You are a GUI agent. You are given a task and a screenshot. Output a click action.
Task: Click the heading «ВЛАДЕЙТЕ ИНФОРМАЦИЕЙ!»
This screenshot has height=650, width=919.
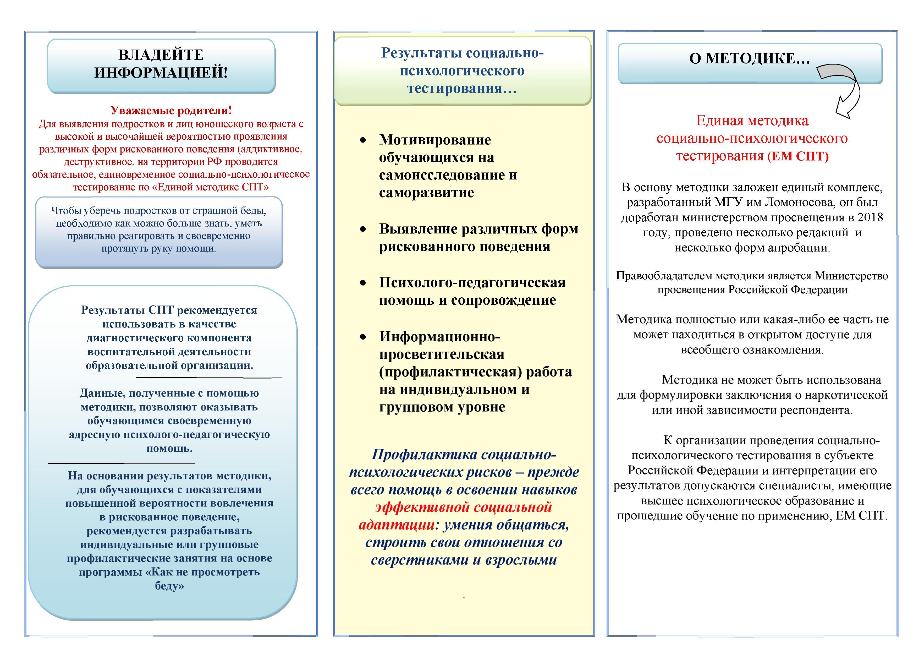[161, 64]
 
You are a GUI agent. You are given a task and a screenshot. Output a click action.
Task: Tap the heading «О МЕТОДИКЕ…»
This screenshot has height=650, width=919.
[749, 58]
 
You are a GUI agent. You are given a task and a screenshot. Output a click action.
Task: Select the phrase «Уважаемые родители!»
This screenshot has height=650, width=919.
[171, 110]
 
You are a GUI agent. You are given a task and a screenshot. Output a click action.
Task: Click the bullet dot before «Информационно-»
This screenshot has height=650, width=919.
[363, 337]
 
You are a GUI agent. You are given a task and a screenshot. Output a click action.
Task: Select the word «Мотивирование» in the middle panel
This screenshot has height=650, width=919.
[435, 140]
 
